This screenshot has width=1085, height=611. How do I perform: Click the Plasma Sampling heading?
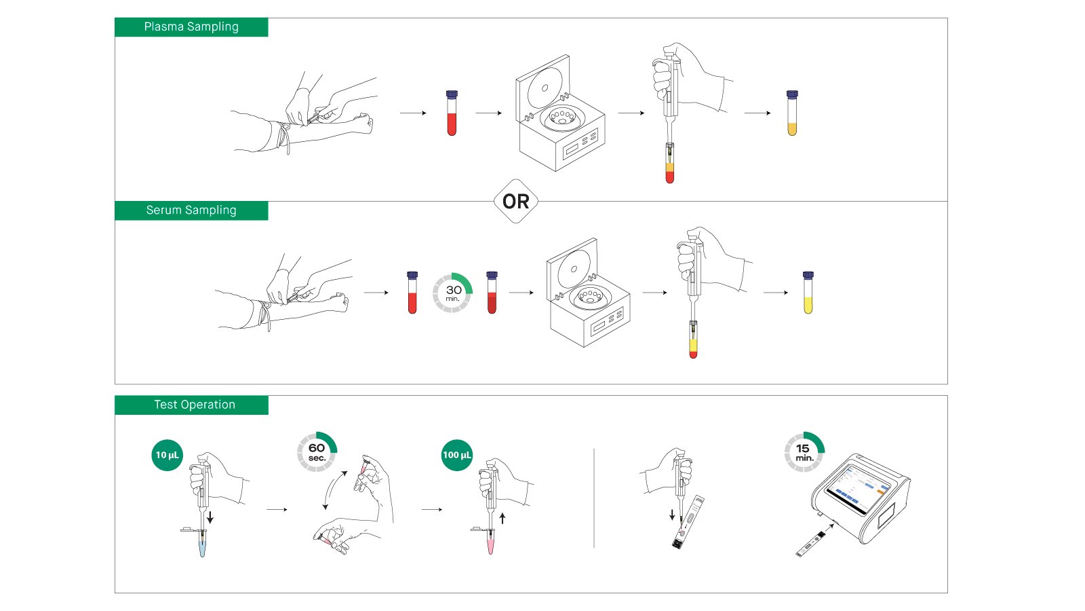(x=191, y=27)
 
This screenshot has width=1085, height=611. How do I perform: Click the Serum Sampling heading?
(x=191, y=210)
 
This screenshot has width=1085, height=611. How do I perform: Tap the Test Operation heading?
(x=194, y=405)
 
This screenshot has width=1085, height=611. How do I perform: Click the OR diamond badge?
(x=516, y=202)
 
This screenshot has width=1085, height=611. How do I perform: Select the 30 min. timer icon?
(x=452, y=293)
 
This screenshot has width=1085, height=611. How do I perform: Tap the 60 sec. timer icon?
(x=317, y=451)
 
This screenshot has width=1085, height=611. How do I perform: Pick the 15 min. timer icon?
(x=804, y=451)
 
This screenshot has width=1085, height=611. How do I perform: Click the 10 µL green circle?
(x=167, y=455)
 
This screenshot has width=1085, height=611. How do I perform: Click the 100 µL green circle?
(x=456, y=455)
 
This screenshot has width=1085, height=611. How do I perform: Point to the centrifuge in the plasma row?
(x=561, y=115)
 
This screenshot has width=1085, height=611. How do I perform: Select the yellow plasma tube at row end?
(x=792, y=113)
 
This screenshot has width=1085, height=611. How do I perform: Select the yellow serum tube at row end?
(x=808, y=293)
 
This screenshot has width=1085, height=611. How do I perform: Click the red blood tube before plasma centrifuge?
(x=452, y=113)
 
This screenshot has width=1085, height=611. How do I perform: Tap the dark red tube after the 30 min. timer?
(x=492, y=293)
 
